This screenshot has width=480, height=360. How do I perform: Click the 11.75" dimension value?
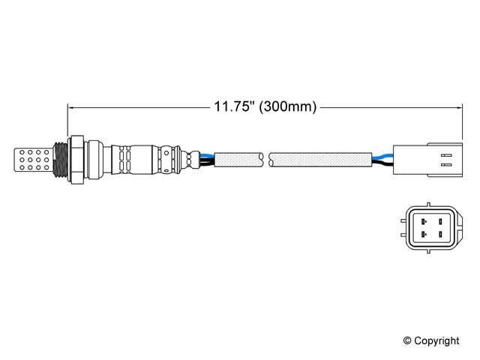233,108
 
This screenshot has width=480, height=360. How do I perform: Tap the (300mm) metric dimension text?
287,108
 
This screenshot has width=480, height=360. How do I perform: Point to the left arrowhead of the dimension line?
73,108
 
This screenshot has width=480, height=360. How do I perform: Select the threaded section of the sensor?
59,158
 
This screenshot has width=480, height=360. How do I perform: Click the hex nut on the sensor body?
76,158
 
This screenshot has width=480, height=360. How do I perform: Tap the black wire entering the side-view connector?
382,163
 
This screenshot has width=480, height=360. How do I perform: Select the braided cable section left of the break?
238,159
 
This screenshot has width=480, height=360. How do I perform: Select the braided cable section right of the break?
321,159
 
